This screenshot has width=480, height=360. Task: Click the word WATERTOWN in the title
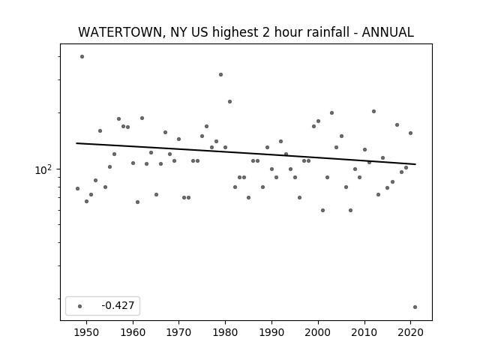(120, 32)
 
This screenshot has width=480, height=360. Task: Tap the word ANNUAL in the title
(388, 32)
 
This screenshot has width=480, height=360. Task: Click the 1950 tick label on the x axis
(87, 332)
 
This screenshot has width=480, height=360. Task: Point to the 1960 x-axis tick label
(133, 332)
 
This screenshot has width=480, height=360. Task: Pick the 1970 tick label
(179, 332)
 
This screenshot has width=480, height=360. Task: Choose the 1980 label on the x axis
(225, 332)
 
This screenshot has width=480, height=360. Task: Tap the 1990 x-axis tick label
(271, 332)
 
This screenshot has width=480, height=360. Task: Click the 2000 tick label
(318, 332)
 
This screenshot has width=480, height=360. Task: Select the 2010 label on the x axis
(364, 332)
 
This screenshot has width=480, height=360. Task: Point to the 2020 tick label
(410, 332)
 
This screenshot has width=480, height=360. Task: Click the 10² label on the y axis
(43, 169)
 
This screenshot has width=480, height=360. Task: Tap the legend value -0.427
(118, 305)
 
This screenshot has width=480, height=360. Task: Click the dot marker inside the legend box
(80, 306)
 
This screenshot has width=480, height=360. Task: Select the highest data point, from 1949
(82, 57)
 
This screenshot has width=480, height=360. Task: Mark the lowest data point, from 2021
(415, 307)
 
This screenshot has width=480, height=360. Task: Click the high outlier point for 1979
(220, 75)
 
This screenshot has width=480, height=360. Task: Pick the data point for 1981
(230, 102)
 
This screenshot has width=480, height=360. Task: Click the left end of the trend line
(76, 143)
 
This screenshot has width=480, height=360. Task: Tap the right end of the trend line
(415, 164)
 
